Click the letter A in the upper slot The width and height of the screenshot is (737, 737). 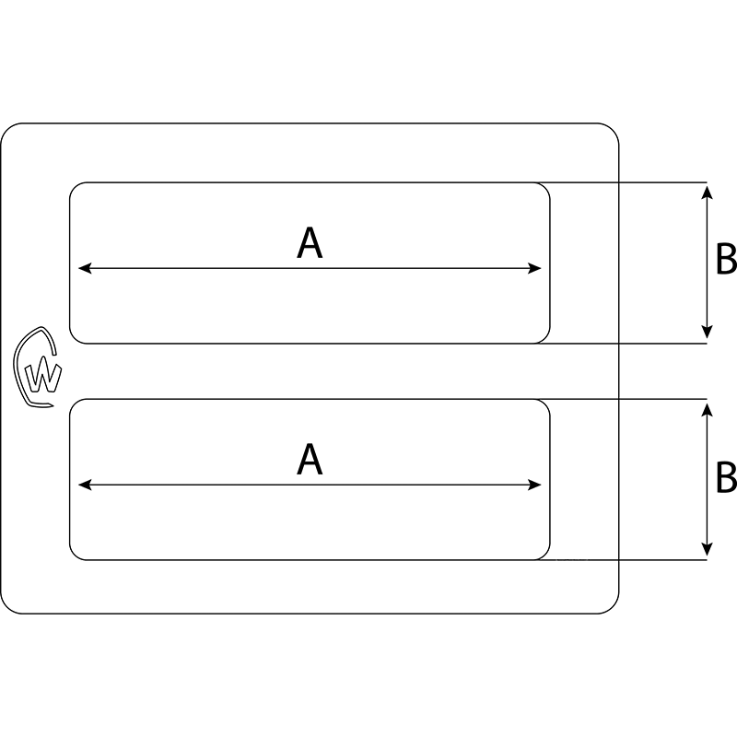click(310, 243)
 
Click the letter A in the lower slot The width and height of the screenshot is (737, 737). click(310, 459)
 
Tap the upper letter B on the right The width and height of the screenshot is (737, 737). click(726, 261)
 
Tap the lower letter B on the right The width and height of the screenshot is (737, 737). click(726, 477)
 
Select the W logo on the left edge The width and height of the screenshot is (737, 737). click(39, 368)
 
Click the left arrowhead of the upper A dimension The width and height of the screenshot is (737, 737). click(84, 269)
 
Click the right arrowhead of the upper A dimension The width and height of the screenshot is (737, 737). click(536, 269)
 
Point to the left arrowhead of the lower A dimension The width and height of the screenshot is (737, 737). click(84, 485)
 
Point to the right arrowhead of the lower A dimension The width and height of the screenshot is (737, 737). click(536, 485)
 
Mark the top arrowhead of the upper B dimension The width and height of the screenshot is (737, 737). click(707, 190)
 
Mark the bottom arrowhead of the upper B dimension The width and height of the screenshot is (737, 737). click(707, 335)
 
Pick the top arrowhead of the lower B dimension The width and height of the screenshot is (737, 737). click(707, 406)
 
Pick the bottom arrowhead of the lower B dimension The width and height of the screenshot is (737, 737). click(707, 551)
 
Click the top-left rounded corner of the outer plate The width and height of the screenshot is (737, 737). click(8, 131)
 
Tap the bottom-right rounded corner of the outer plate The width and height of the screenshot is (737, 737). click(611, 606)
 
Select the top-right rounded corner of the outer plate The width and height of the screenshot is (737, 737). click(611, 131)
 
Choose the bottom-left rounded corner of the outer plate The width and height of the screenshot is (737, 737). click(8, 606)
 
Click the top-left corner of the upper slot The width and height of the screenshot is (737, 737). click(75, 187)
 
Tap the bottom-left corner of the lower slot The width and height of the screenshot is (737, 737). click(75, 555)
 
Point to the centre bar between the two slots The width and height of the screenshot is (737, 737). click(310, 371)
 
